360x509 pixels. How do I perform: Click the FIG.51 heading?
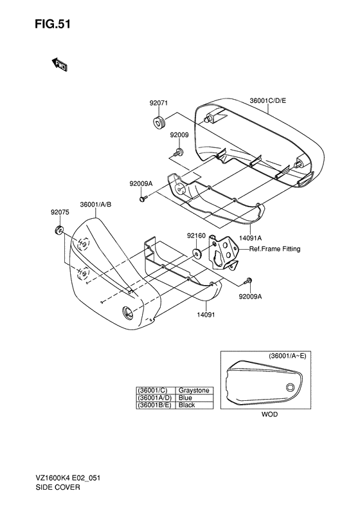click(x=53, y=24)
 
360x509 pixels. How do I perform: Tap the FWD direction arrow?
click(x=59, y=64)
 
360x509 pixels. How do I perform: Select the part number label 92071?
click(x=159, y=103)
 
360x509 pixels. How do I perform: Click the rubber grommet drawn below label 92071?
click(x=159, y=123)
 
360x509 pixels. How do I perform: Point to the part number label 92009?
click(x=179, y=134)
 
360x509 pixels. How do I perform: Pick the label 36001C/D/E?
click(x=268, y=100)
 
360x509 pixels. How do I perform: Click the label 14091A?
click(x=250, y=238)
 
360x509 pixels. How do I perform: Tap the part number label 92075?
click(x=60, y=212)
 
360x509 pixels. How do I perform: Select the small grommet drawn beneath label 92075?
click(x=59, y=230)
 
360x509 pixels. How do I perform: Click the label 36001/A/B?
click(x=96, y=205)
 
